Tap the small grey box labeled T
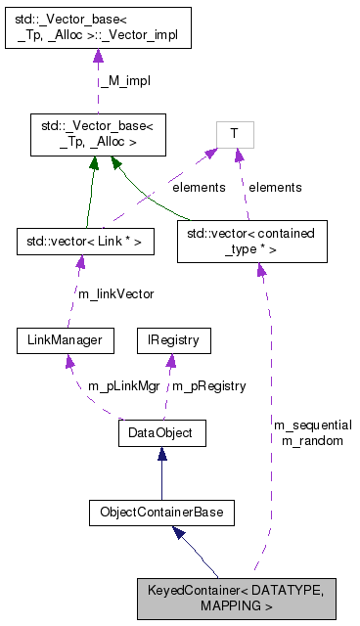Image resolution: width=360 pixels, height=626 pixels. click(x=235, y=134)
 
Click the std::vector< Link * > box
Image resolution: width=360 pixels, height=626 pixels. click(x=85, y=240)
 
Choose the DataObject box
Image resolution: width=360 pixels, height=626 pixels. click(x=161, y=431)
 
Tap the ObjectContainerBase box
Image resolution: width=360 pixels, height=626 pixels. click(x=161, y=512)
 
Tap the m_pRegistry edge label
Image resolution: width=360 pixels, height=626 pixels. click(x=208, y=386)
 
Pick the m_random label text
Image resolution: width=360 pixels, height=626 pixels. click(x=312, y=441)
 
